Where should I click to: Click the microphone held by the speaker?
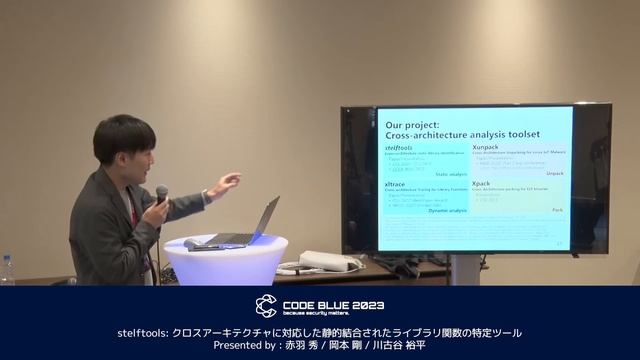pyautogui.click(x=161, y=195)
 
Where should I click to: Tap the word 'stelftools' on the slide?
pyautogui.click(x=401, y=146)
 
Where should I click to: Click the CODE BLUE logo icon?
pyautogui.click(x=266, y=304)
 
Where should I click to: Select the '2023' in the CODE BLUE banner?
pyautogui.click(x=366, y=304)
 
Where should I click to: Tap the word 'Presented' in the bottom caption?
pyautogui.click(x=240, y=346)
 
